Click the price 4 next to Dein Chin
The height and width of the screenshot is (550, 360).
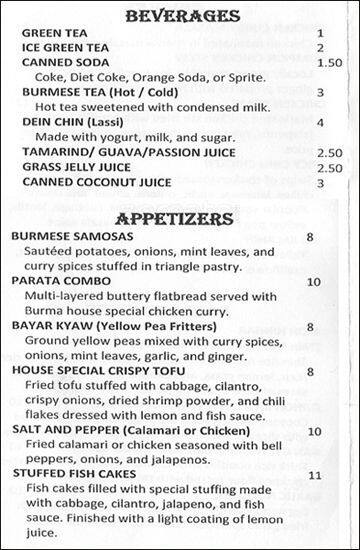click(320, 123)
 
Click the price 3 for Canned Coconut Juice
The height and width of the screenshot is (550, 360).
click(320, 183)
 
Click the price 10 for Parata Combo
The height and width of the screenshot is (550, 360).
click(314, 282)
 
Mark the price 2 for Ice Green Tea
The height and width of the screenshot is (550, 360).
click(320, 47)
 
